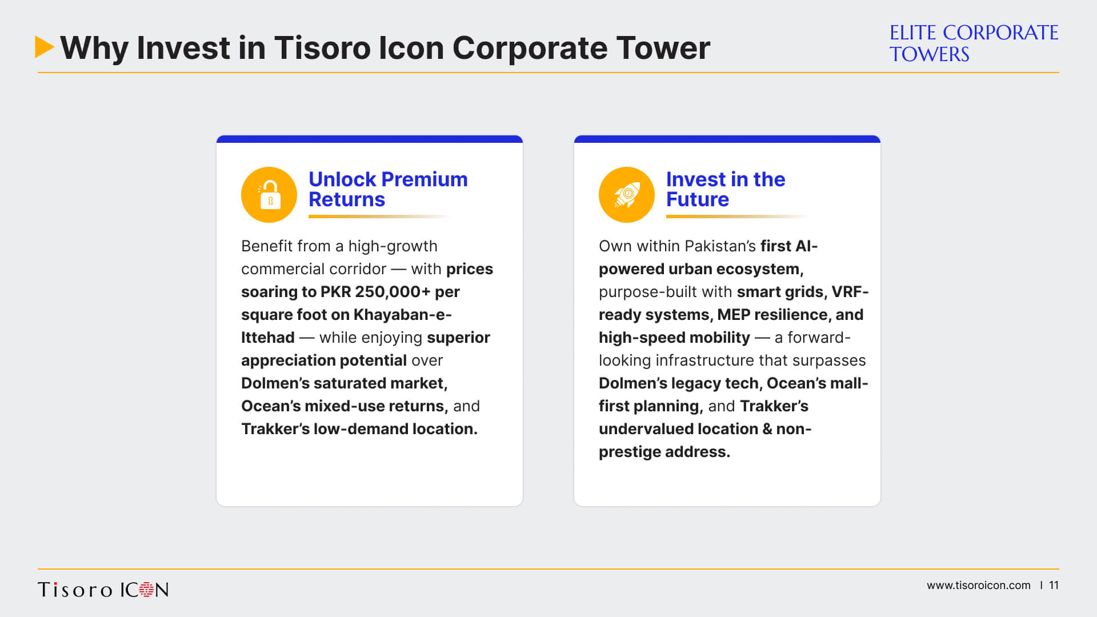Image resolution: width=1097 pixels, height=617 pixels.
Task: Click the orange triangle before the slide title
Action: [44, 47]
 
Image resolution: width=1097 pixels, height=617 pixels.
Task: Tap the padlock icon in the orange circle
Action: [269, 194]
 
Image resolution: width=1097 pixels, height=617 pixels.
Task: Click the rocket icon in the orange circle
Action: [627, 194]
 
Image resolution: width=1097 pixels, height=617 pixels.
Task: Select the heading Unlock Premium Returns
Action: [388, 189]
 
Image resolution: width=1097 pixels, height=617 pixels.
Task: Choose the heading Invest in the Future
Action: [726, 189]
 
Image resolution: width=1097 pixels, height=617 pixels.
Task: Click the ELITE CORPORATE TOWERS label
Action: [974, 43]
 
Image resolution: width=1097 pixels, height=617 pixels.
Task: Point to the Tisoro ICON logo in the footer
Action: [103, 590]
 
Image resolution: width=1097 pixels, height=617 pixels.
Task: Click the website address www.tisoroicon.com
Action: [978, 586]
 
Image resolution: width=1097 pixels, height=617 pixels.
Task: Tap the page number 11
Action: [1054, 586]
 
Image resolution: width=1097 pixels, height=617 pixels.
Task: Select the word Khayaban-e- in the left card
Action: [402, 315]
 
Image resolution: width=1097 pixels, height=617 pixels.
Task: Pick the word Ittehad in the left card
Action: [268, 338]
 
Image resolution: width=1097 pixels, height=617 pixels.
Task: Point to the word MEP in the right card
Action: [734, 315]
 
